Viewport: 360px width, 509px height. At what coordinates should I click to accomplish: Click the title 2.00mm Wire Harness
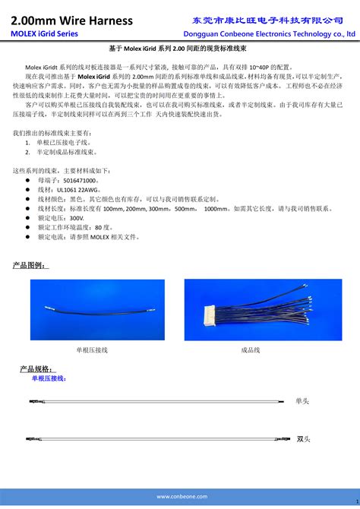pyautogui.click(x=72, y=21)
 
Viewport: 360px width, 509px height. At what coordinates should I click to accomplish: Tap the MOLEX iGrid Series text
pyautogui.click(x=44, y=34)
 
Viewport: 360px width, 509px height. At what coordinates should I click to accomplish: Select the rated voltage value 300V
pyautogui.click(x=78, y=218)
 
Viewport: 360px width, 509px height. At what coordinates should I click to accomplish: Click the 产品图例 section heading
pyautogui.click(x=30, y=265)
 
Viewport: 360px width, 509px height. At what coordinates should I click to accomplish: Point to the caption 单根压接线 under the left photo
pyautogui.click(x=92, y=350)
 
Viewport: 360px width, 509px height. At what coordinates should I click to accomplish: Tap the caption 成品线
pyautogui.click(x=251, y=350)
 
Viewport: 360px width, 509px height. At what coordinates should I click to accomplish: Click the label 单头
pyautogui.click(x=303, y=400)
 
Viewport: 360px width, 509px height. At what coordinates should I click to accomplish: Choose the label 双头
pyautogui.click(x=303, y=438)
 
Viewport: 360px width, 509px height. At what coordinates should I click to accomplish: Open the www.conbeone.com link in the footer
pyautogui.click(x=180, y=496)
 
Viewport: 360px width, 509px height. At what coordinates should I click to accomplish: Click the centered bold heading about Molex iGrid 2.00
pyautogui.click(x=180, y=48)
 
